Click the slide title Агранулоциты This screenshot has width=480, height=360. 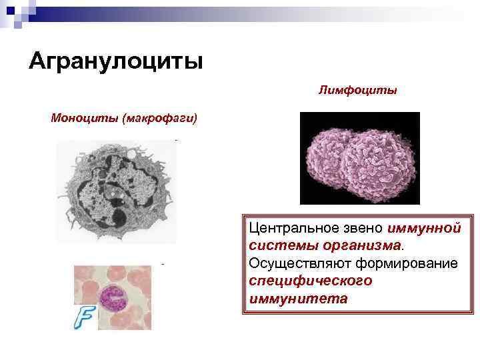(115, 61)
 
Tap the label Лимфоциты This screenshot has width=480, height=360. (357, 89)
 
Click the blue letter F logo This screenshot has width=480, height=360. (83, 319)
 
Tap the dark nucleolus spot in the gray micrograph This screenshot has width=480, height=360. (119, 217)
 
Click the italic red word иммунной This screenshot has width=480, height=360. (423, 229)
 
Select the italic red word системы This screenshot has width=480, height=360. (278, 246)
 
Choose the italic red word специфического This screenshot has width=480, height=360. (310, 281)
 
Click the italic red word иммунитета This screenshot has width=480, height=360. (298, 298)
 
